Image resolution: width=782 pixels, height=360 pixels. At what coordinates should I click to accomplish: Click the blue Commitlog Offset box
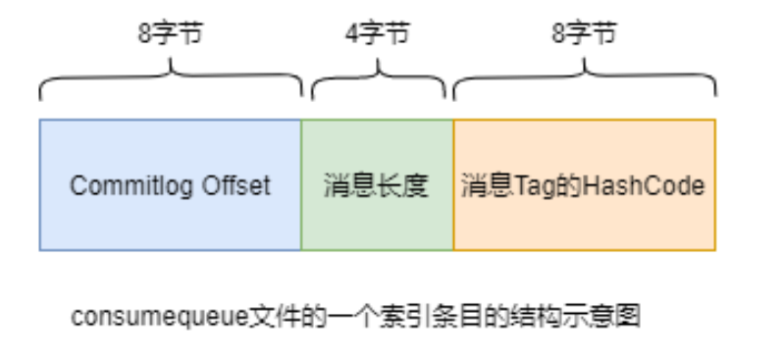coord(170,184)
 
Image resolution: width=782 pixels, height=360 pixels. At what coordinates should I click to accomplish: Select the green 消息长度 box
coord(377,184)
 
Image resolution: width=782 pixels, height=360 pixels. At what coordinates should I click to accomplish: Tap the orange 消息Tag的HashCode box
coord(584,184)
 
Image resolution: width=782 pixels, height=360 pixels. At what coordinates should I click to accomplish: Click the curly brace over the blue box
coord(170,78)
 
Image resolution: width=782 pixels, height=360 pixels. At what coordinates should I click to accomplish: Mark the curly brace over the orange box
coord(584,78)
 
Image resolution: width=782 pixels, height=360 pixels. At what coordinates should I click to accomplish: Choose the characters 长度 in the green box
coord(402,185)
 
